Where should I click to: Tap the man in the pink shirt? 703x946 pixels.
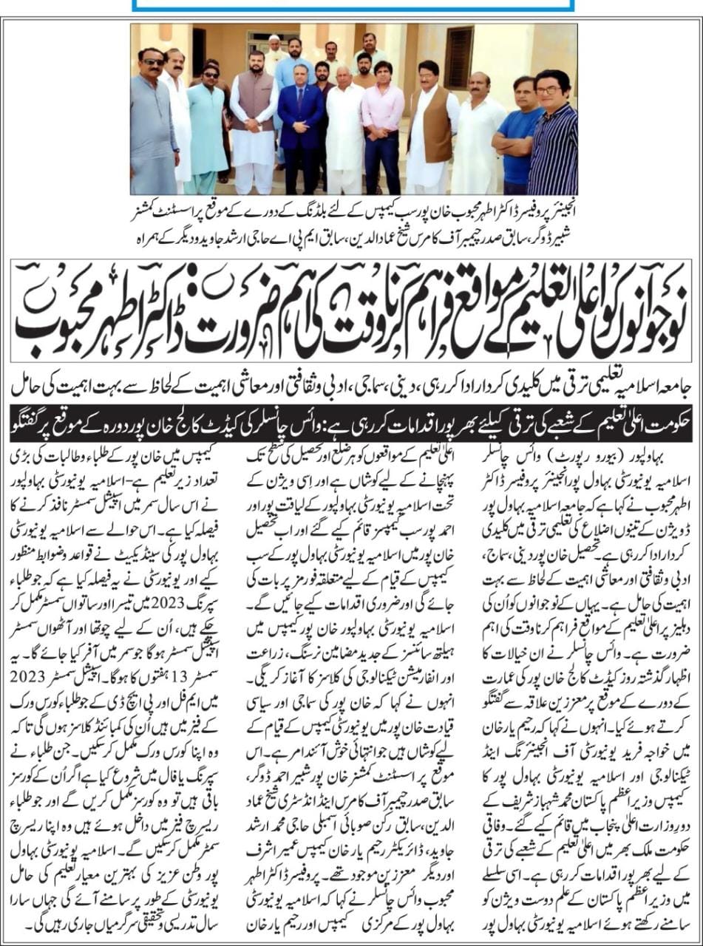(382, 122)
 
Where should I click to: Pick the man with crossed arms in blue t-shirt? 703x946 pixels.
(519, 133)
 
